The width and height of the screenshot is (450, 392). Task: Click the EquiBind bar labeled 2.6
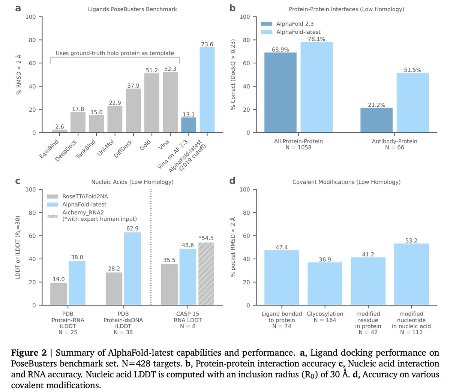(60, 131)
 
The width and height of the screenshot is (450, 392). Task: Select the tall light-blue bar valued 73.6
(207, 90)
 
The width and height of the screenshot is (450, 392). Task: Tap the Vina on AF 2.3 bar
(189, 125)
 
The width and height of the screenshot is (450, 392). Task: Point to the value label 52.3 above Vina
(170, 69)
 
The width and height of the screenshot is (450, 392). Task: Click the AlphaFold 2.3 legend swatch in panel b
(267, 24)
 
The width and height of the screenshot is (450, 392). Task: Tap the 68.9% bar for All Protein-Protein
(280, 93)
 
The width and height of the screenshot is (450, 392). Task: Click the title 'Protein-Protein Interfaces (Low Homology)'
(346, 9)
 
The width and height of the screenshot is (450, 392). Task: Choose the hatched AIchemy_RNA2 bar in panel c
(206, 274)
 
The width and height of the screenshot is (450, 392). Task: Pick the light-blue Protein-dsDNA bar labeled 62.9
(132, 269)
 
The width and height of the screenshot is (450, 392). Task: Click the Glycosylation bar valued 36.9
(325, 284)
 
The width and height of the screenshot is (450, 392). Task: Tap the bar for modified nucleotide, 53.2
(411, 274)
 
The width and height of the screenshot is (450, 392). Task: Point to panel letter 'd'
(232, 181)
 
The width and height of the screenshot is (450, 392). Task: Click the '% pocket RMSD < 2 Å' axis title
(233, 247)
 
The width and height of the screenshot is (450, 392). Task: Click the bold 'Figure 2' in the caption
(29, 353)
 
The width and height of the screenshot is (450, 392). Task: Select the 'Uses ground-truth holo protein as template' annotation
(115, 53)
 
